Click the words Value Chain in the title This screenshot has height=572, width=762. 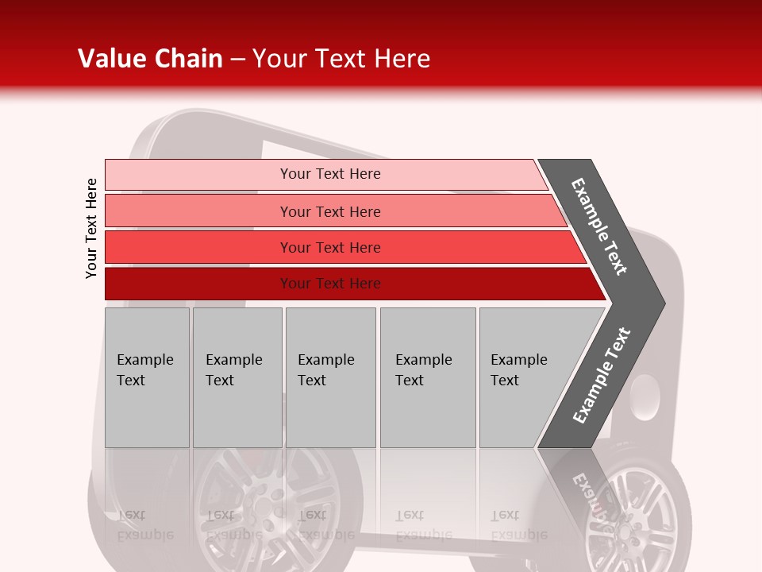click(x=150, y=59)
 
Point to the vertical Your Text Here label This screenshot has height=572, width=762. click(x=91, y=229)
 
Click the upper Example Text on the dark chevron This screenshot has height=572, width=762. click(x=599, y=226)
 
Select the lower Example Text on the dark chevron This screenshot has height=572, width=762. click(x=601, y=375)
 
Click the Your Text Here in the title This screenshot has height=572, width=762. click(x=341, y=59)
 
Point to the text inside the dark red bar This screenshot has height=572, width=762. click(x=330, y=284)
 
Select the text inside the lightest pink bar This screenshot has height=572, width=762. click(x=330, y=174)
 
